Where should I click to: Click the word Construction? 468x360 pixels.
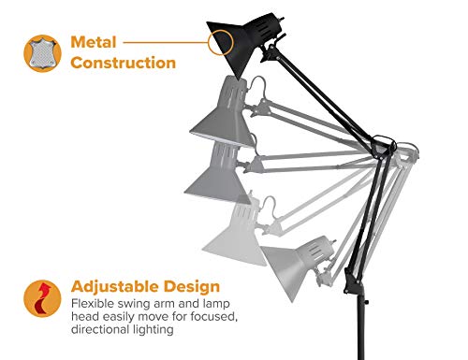pos(122,64)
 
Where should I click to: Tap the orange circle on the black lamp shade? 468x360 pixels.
pos(222,42)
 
